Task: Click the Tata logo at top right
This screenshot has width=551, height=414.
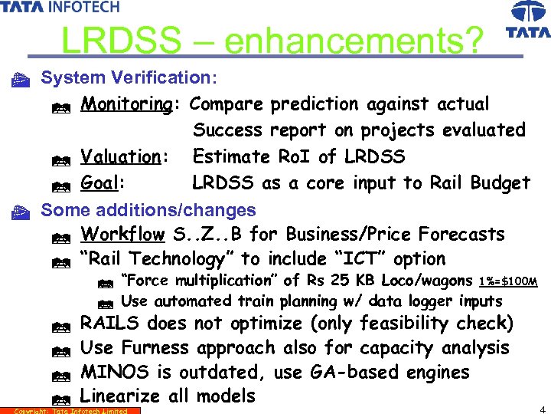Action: pyautogui.click(x=528, y=19)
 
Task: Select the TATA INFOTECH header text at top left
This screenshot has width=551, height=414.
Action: pyautogui.click(x=60, y=7)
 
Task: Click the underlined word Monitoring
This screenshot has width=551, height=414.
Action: pyautogui.click(x=127, y=103)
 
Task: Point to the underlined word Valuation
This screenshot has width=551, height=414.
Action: pyautogui.click(x=121, y=156)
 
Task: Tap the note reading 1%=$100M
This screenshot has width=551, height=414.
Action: pyautogui.click(x=507, y=281)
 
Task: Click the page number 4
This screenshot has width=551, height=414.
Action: pyautogui.click(x=542, y=408)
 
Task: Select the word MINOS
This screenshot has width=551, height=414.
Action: pyautogui.click(x=111, y=373)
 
